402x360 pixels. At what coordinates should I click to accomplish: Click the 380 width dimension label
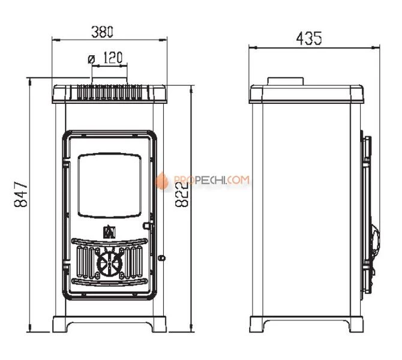[102, 32]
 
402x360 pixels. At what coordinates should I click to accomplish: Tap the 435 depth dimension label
[308, 38]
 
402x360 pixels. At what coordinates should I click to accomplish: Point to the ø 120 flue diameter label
[105, 58]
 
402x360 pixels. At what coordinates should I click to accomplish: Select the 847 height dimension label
[20, 194]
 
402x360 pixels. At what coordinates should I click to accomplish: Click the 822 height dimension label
[182, 194]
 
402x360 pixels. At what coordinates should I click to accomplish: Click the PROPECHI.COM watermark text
[211, 180]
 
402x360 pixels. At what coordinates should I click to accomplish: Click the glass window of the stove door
[109, 185]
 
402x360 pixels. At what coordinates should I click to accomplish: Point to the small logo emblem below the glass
[109, 232]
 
